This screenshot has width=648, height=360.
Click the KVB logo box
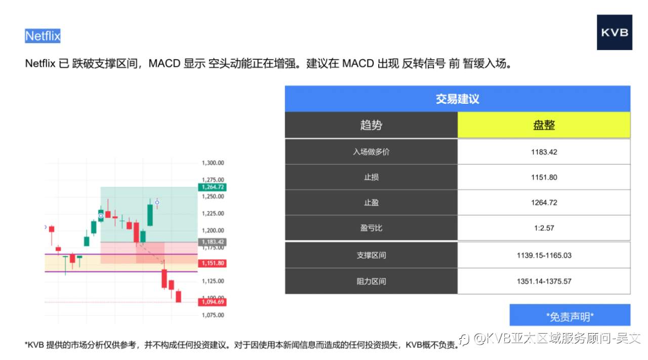(x=615, y=32)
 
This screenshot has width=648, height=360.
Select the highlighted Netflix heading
(x=43, y=36)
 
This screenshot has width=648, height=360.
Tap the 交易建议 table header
(x=457, y=99)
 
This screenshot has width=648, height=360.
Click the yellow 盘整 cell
(x=544, y=125)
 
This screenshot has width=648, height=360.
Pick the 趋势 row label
(x=371, y=125)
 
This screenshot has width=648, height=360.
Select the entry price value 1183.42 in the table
(x=544, y=152)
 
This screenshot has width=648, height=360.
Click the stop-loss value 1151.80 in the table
(x=544, y=177)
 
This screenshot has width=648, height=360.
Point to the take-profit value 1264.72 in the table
(x=544, y=203)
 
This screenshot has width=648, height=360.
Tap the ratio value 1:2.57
(x=544, y=228)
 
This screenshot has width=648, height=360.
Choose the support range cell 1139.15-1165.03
(x=544, y=255)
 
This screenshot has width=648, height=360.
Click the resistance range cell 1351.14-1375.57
(x=544, y=281)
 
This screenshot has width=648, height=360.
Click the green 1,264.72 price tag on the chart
(x=213, y=187)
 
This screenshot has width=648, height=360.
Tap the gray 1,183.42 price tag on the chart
(x=213, y=242)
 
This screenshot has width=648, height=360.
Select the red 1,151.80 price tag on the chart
(x=213, y=263)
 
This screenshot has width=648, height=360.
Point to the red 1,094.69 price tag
(x=213, y=302)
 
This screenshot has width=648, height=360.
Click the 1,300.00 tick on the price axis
(x=213, y=163)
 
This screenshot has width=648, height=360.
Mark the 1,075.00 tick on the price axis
(x=213, y=315)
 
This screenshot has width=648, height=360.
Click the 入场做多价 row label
(x=371, y=152)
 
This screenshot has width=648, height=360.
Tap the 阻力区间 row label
(x=371, y=281)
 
